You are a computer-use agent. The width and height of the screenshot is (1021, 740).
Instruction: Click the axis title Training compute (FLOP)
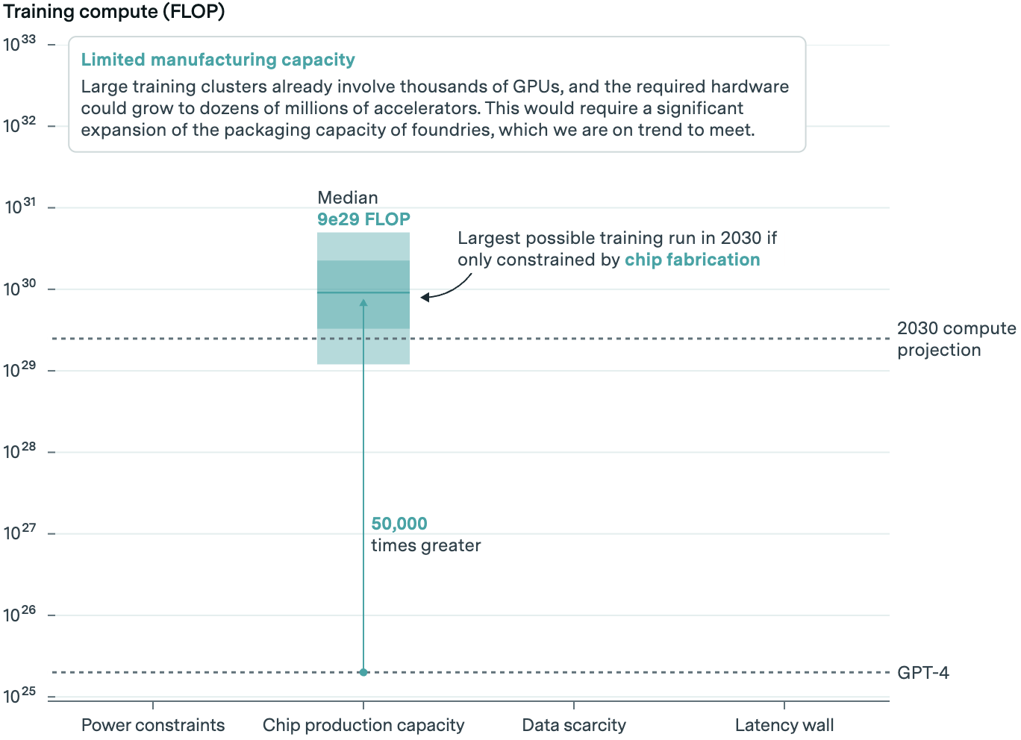[x=114, y=12]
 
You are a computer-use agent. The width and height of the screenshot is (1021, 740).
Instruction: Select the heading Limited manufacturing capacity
[x=218, y=60]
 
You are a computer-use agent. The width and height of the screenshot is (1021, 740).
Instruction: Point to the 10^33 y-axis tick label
[x=19, y=43]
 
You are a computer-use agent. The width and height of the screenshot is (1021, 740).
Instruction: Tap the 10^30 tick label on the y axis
[x=19, y=288]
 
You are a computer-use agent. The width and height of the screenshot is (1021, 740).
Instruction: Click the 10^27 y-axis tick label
[x=19, y=533]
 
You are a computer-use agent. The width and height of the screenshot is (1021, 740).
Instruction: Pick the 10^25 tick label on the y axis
[x=19, y=695]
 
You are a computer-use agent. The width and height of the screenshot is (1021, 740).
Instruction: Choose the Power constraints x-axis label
[x=153, y=725]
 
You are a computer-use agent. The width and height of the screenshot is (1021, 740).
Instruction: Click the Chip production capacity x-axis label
[x=363, y=725]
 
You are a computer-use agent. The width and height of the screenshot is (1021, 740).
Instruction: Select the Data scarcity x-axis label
[x=574, y=725]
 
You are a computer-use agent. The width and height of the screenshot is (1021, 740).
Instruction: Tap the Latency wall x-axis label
[x=784, y=725]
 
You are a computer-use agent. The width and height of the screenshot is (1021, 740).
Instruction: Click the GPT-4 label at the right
[x=923, y=673]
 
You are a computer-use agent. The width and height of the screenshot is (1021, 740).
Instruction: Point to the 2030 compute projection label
[x=956, y=339]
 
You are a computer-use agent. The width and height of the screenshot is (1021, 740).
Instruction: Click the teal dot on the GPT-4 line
[x=363, y=672]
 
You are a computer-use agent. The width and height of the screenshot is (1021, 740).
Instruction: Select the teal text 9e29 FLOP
[x=363, y=219]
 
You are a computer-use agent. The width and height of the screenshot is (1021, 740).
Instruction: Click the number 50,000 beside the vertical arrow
[x=399, y=524]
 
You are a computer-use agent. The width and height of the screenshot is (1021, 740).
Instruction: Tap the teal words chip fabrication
[x=692, y=260]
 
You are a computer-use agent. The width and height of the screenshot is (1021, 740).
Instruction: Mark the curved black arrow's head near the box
[x=425, y=298]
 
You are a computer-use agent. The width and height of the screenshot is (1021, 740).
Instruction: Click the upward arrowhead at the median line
[x=363, y=302]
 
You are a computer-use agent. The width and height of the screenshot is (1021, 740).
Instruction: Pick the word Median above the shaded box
[x=348, y=198]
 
